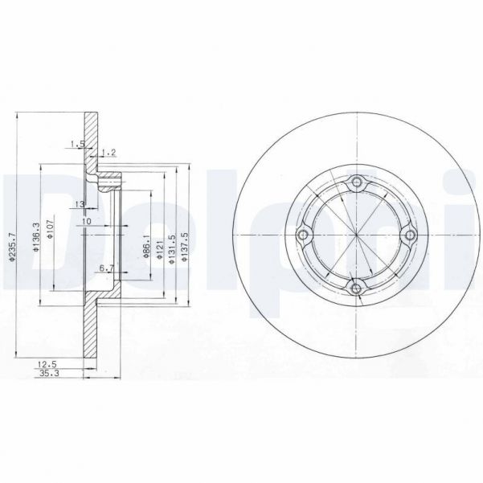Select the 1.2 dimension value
point(110,152)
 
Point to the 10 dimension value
point(87,221)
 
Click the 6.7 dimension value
point(105,268)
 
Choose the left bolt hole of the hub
point(302,235)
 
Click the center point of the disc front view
point(356,235)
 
